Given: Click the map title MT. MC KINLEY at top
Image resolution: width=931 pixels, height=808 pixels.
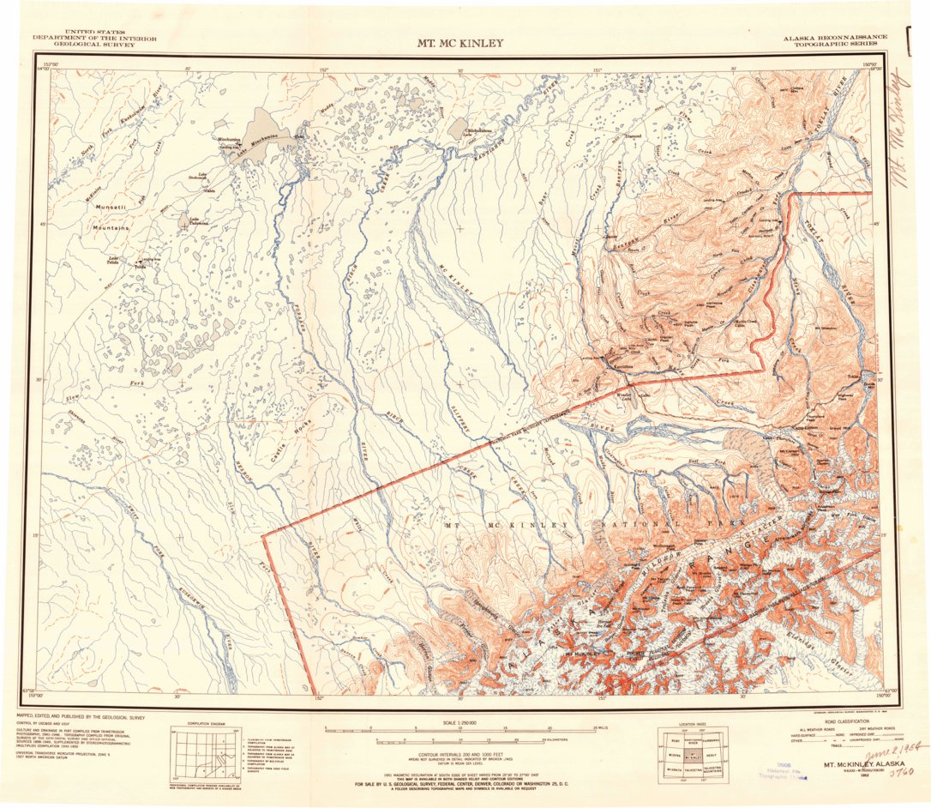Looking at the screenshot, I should point(460,43).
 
